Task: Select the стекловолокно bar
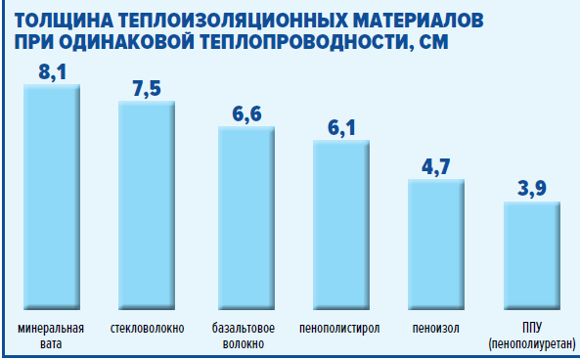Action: (x=147, y=205)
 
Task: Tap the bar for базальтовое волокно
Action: (x=245, y=218)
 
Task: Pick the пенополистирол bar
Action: (x=341, y=225)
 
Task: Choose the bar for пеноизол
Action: (x=436, y=245)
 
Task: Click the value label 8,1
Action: (x=52, y=71)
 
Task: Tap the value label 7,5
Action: (x=147, y=88)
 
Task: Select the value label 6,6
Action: (x=246, y=113)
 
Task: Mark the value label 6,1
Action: (x=341, y=127)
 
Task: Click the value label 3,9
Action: (x=532, y=188)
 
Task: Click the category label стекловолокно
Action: (x=147, y=327)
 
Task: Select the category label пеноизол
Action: (x=436, y=327)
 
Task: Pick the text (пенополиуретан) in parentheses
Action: (x=532, y=343)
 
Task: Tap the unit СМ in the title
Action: (x=433, y=43)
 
